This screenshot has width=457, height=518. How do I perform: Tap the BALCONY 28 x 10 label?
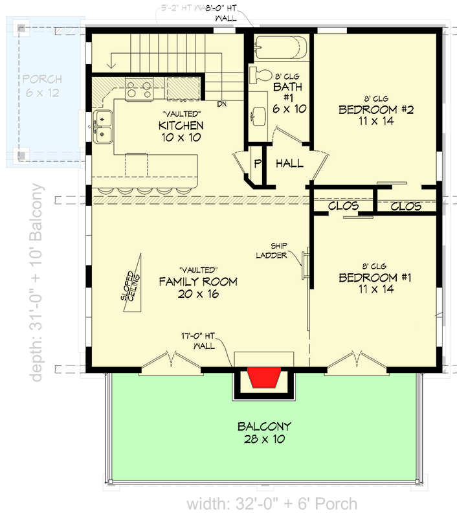(263, 433)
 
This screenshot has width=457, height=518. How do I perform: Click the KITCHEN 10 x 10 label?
(181, 131)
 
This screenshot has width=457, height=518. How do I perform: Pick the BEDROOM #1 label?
(375, 284)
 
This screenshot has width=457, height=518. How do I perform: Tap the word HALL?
(289, 164)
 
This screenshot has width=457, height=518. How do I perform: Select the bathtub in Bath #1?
(281, 49)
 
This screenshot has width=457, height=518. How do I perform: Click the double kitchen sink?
(104, 127)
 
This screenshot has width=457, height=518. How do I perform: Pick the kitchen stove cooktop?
(139, 89)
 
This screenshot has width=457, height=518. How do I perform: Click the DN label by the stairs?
(221, 104)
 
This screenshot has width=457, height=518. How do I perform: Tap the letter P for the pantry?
(257, 164)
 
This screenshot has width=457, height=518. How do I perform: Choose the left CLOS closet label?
(343, 207)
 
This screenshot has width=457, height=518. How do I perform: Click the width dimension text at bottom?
(272, 504)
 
